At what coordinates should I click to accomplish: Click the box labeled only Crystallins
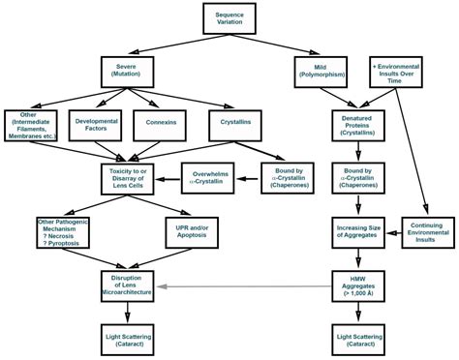[x=235, y=124]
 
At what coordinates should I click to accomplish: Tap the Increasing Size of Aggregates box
[x=358, y=231]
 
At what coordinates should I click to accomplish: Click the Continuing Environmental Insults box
[x=427, y=231]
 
